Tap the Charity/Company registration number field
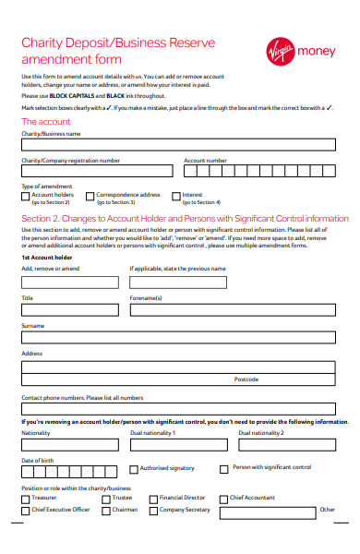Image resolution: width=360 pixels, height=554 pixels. (x=96, y=171)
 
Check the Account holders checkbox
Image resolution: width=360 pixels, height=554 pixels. (x=25, y=196)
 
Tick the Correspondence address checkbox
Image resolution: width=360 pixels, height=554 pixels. (x=90, y=196)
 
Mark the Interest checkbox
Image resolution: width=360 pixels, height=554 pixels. (x=175, y=196)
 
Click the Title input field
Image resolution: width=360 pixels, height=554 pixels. (x=69, y=310)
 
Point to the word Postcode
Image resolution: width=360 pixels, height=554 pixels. (x=246, y=379)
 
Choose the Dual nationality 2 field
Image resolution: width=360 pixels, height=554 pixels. (x=286, y=442)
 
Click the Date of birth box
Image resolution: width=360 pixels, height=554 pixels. (x=69, y=471)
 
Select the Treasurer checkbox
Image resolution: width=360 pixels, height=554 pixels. (x=25, y=499)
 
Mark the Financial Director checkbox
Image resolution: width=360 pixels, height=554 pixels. (x=153, y=499)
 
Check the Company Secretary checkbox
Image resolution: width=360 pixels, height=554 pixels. (x=153, y=510)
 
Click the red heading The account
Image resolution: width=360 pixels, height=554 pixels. (x=45, y=122)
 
